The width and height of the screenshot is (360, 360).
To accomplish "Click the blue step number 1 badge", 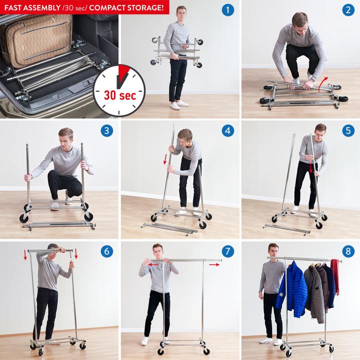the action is tap(228, 10).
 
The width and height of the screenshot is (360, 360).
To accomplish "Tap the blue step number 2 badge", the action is tap(348, 10).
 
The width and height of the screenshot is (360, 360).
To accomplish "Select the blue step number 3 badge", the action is tap(107, 130).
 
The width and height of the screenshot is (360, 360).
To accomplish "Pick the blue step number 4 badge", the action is tap(228, 130).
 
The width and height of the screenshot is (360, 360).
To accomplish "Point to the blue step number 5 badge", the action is tap(348, 130).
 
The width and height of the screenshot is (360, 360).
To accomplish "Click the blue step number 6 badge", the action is tap(107, 251).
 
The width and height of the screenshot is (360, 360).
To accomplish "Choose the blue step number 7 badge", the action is tap(228, 251).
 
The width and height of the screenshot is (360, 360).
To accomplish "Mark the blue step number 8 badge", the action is tap(348, 251).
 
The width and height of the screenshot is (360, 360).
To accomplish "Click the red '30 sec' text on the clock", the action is tap(120, 95).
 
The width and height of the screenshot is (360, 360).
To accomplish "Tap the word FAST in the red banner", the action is tap(13, 8).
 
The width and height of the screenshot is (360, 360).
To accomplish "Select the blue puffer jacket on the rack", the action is tap(292, 289).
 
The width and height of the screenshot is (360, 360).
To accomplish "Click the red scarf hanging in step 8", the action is tap(335, 276).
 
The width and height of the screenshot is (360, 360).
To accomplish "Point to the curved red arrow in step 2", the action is tap(323, 83).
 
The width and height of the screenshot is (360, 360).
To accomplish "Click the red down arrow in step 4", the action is tap(165, 159).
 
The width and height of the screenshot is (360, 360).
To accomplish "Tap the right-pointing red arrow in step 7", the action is tap(214, 264).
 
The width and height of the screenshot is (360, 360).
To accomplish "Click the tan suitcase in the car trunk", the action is tap(36, 41).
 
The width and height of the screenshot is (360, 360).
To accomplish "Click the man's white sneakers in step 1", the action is tap(179, 105).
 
